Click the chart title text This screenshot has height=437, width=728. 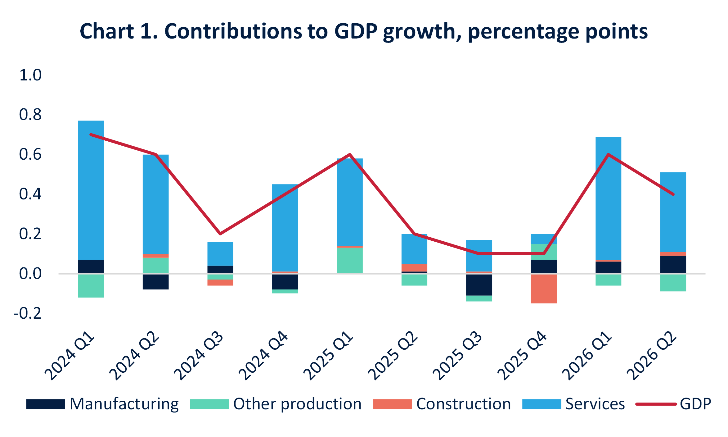(x=364, y=31)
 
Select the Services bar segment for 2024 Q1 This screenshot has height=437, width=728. (x=91, y=190)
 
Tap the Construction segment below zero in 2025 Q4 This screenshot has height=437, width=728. (x=544, y=289)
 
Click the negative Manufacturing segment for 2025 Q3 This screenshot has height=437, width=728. (x=479, y=285)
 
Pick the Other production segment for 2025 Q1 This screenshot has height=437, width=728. (x=350, y=260)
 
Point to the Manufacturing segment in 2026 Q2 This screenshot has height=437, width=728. (x=673, y=265)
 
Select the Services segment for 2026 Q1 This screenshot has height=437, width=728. (x=609, y=198)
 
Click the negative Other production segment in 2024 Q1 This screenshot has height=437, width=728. (x=91, y=286)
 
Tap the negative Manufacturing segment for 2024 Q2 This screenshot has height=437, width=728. (x=156, y=282)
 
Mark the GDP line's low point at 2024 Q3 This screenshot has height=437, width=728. (x=220, y=234)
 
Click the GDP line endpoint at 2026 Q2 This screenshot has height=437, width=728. (x=673, y=194)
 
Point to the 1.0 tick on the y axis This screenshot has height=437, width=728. (x=30, y=75)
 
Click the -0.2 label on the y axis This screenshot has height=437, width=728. (x=28, y=313)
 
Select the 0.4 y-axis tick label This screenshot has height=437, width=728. (x=30, y=194)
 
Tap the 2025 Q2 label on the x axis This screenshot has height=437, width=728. (x=394, y=355)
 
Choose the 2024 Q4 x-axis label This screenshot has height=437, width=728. (x=264, y=355)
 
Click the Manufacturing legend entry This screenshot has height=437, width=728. (x=102, y=404)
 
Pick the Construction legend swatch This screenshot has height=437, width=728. (x=392, y=404)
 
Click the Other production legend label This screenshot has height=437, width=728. (x=298, y=404)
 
